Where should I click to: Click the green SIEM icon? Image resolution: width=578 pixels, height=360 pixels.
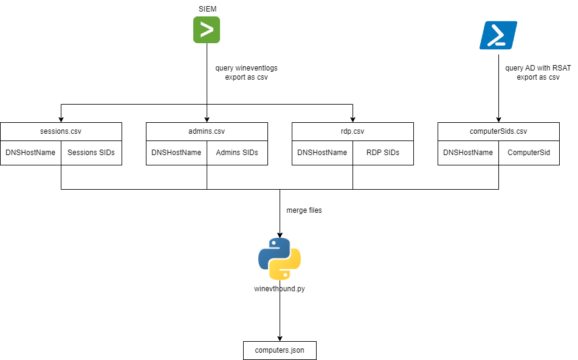207,30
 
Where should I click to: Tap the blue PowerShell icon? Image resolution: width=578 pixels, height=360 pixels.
498,35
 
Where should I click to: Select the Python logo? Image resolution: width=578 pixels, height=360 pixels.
280,258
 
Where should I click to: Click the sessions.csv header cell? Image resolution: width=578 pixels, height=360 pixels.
61,131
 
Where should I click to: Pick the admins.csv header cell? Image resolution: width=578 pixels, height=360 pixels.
207,131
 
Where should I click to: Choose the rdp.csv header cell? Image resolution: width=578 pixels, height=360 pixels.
353,131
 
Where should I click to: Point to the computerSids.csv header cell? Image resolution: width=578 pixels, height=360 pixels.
498,131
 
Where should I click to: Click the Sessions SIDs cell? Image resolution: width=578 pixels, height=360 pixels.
91,153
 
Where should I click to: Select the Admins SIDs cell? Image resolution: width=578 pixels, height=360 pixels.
237,153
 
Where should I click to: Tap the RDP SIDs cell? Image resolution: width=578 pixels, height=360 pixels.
383,153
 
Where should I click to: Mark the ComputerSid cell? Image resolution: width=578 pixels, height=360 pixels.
529,153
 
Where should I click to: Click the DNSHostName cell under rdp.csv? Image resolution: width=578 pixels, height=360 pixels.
322,153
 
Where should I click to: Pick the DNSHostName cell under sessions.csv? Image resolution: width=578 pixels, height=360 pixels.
30,153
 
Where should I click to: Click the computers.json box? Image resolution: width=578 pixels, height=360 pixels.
280,350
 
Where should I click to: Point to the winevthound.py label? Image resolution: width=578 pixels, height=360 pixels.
280,289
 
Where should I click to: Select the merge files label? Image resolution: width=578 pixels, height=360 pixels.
304,210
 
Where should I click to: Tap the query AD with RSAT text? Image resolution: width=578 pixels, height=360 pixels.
538,68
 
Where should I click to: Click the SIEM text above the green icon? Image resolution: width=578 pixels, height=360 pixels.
207,9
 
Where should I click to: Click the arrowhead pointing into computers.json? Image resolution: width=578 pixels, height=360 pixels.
280,337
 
